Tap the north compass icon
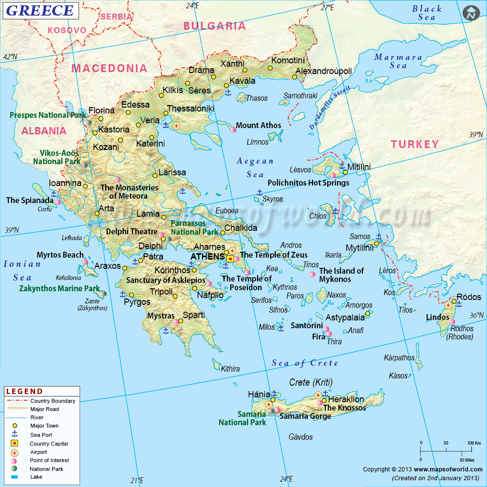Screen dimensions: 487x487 click(470, 14)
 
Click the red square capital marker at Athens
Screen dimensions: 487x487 click(230, 259)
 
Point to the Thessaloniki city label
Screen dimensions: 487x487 click(190, 109)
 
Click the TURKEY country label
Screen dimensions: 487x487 click(414, 144)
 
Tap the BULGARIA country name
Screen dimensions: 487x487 click(214, 26)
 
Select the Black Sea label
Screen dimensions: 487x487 click(427, 13)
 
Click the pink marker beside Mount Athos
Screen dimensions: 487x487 click(233, 129)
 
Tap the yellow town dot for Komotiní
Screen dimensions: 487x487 click(270, 68)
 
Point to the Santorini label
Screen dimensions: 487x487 click(307, 325)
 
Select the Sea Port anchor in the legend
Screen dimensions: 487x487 click(15, 434)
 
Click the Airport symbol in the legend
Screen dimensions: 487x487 click(15, 452)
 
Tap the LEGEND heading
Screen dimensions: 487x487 click(24, 391)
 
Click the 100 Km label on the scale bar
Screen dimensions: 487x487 click(473, 443)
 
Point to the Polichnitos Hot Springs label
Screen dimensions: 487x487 click(308, 183)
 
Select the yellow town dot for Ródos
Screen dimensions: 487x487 click(454, 301)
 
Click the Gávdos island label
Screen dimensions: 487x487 click(300, 437)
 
